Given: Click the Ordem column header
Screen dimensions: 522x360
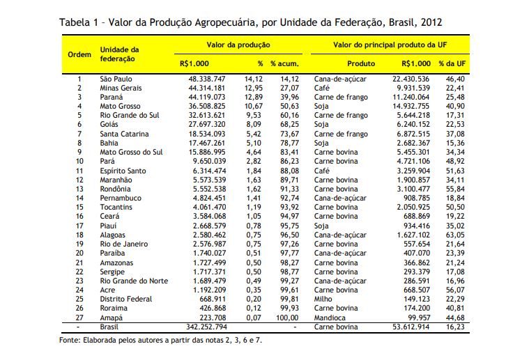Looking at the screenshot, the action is [x=79, y=54].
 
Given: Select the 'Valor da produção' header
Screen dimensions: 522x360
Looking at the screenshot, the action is [x=238, y=45].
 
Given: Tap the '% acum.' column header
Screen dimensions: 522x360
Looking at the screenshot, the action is [x=284, y=63].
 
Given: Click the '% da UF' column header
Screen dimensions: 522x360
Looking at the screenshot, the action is [x=452, y=63].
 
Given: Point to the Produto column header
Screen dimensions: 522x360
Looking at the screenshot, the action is [x=361, y=63].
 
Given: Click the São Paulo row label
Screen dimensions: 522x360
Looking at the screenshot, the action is [x=116, y=79].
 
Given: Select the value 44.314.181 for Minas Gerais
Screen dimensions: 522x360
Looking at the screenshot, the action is [x=207, y=88].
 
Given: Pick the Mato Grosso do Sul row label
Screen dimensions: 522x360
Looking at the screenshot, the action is [x=131, y=152].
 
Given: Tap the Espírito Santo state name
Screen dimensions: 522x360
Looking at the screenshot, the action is [x=123, y=171].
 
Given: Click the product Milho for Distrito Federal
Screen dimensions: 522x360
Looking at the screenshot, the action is [x=323, y=299].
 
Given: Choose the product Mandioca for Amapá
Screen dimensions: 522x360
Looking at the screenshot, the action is [x=330, y=318].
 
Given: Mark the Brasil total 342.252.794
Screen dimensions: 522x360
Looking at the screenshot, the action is [x=207, y=327].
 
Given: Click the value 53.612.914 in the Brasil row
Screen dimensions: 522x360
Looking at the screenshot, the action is [x=410, y=327].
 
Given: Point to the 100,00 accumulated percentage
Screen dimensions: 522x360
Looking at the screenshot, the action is [x=287, y=318].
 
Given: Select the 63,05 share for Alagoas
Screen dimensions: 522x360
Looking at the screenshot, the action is [x=455, y=235].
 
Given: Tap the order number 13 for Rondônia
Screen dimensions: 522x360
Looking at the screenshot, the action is [x=79, y=189].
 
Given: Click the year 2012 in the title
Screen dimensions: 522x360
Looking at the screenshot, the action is [x=431, y=22].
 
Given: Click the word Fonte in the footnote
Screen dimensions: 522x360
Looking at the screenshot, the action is [x=69, y=340].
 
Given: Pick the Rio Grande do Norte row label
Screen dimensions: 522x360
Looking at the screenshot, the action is [x=134, y=281].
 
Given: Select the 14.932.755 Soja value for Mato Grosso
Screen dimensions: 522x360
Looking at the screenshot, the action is [x=410, y=106].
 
